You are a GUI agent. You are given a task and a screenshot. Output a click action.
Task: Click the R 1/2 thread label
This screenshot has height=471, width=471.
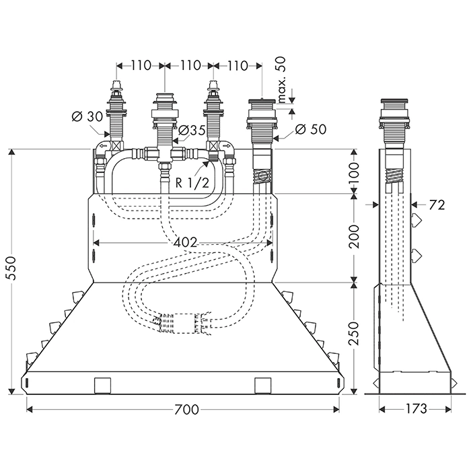coord(192,182)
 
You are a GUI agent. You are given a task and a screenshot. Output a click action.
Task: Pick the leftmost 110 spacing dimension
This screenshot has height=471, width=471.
coord(141,66)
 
